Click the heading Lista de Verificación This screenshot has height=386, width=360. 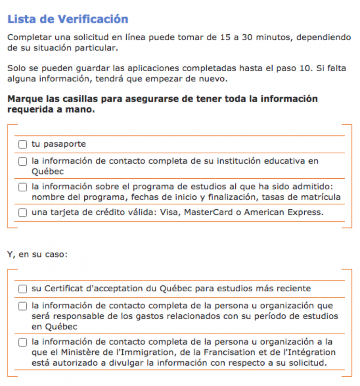click(x=68, y=19)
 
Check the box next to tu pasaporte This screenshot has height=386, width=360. click(x=23, y=144)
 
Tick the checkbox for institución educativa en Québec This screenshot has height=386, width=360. click(x=23, y=161)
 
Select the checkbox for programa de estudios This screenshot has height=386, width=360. click(x=23, y=187)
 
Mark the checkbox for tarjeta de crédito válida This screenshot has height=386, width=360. click(x=23, y=213)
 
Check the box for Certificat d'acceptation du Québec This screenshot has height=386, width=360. click(x=23, y=289)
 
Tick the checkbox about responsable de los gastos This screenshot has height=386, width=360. click(x=23, y=306)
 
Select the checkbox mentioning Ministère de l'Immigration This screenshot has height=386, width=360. click(x=23, y=342)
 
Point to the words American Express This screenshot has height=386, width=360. click(x=283, y=212)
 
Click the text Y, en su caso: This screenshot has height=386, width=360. click(x=37, y=254)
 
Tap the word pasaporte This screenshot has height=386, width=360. click(x=65, y=144)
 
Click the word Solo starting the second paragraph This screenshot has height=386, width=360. click(x=15, y=69)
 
